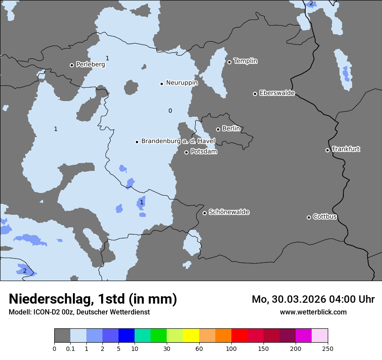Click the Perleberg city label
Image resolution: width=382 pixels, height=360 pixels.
90,65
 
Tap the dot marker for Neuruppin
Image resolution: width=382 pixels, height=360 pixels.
161,84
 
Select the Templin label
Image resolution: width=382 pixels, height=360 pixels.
245,61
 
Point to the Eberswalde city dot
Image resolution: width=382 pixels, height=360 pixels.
255,94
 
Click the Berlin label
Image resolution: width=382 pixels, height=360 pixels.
231,129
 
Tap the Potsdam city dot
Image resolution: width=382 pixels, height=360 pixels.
187,152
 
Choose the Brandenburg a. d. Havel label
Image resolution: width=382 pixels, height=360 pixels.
178,141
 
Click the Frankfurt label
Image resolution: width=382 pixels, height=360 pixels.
346,149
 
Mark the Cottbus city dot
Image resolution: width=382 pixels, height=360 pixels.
309,217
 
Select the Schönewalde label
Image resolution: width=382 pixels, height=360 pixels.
229,212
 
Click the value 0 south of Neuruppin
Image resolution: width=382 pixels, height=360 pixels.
170,111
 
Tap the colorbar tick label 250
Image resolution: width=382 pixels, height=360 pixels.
328,349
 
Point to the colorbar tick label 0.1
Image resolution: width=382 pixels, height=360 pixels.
70,349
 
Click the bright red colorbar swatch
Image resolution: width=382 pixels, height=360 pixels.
239,336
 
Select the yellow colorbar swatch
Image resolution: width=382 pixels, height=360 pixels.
191,336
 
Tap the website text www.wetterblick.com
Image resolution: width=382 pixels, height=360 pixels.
313,312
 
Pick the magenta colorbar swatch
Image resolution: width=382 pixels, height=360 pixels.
303,336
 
